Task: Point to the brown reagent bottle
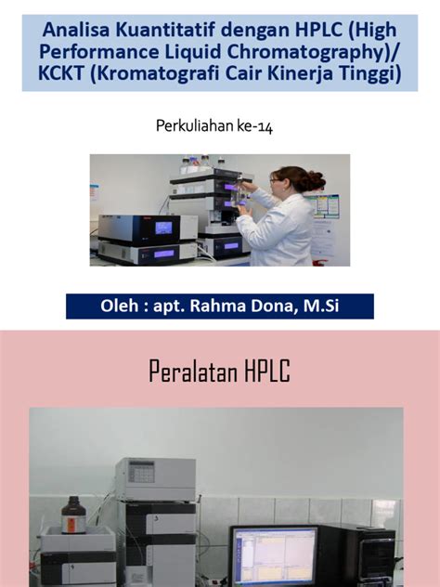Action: coord(73,515)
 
